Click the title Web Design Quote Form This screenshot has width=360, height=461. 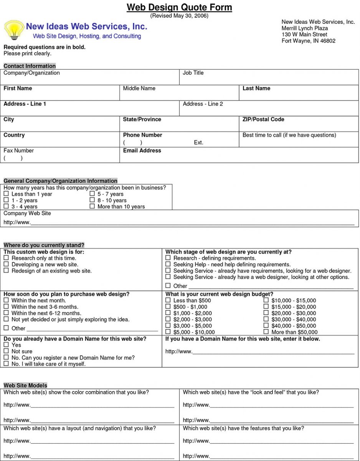179,7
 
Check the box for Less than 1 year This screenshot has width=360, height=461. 6,194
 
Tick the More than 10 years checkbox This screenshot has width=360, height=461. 92,206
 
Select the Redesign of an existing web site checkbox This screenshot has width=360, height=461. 6,271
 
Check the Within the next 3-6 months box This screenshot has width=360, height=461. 6,307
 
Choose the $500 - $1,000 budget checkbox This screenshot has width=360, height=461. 168,307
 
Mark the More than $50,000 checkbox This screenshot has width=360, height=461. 266,332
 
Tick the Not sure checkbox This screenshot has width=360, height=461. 6,351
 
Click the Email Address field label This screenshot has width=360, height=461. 142,151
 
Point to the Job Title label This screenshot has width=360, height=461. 193,73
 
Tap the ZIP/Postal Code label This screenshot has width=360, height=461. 263,119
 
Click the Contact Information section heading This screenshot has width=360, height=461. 30,66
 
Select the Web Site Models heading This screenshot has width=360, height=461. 25,385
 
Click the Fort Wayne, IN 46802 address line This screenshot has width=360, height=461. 308,41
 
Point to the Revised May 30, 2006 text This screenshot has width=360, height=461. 179,16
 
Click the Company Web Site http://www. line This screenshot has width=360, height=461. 192,222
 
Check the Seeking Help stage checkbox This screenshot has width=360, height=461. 168,264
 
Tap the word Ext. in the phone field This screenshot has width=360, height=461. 198,143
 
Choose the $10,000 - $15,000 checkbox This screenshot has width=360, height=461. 266,300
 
